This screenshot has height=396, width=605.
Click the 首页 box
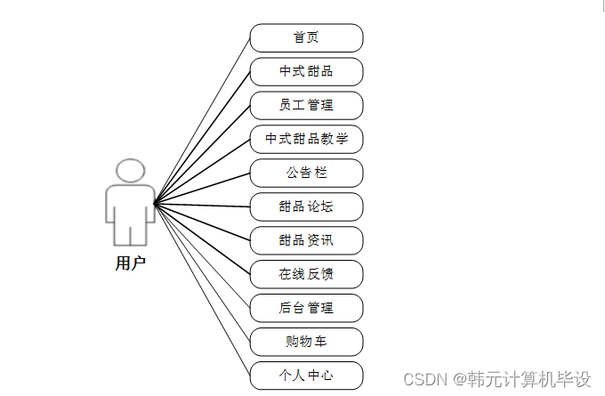[306, 38]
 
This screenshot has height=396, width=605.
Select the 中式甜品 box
[306, 71]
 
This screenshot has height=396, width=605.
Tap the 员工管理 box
[306, 105]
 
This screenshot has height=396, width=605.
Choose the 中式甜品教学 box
[306, 139]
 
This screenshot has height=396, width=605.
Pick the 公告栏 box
[306, 173]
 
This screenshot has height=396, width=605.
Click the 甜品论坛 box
[306, 206]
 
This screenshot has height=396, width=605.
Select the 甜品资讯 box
[306, 240]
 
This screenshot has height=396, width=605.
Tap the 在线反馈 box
[306, 274]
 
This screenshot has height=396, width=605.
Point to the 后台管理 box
[306, 308]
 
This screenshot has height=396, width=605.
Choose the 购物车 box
[306, 342]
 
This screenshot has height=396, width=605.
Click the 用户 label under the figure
[130, 263]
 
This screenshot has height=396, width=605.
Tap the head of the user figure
[131, 171]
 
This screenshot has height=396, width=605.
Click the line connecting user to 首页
[202, 121]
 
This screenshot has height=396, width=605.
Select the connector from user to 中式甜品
[202, 138]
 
